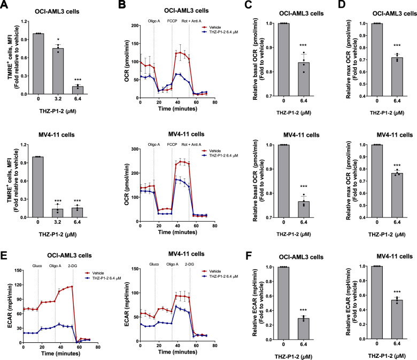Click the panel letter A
pos(5,6)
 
